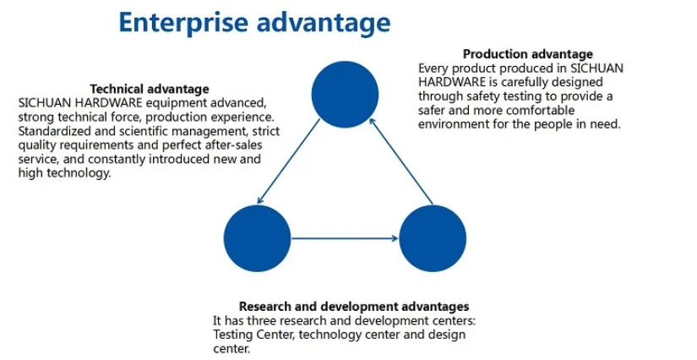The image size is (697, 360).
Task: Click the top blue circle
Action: pos(345,94)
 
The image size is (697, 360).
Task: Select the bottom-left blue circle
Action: pos(258,237)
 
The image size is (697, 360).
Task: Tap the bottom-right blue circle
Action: pos(433,237)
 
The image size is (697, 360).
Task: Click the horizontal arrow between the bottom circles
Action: pos(345,238)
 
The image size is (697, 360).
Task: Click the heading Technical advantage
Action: pos(150,89)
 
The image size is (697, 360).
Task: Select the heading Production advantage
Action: pos(528,55)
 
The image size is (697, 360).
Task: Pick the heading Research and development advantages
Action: pos(354,306)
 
